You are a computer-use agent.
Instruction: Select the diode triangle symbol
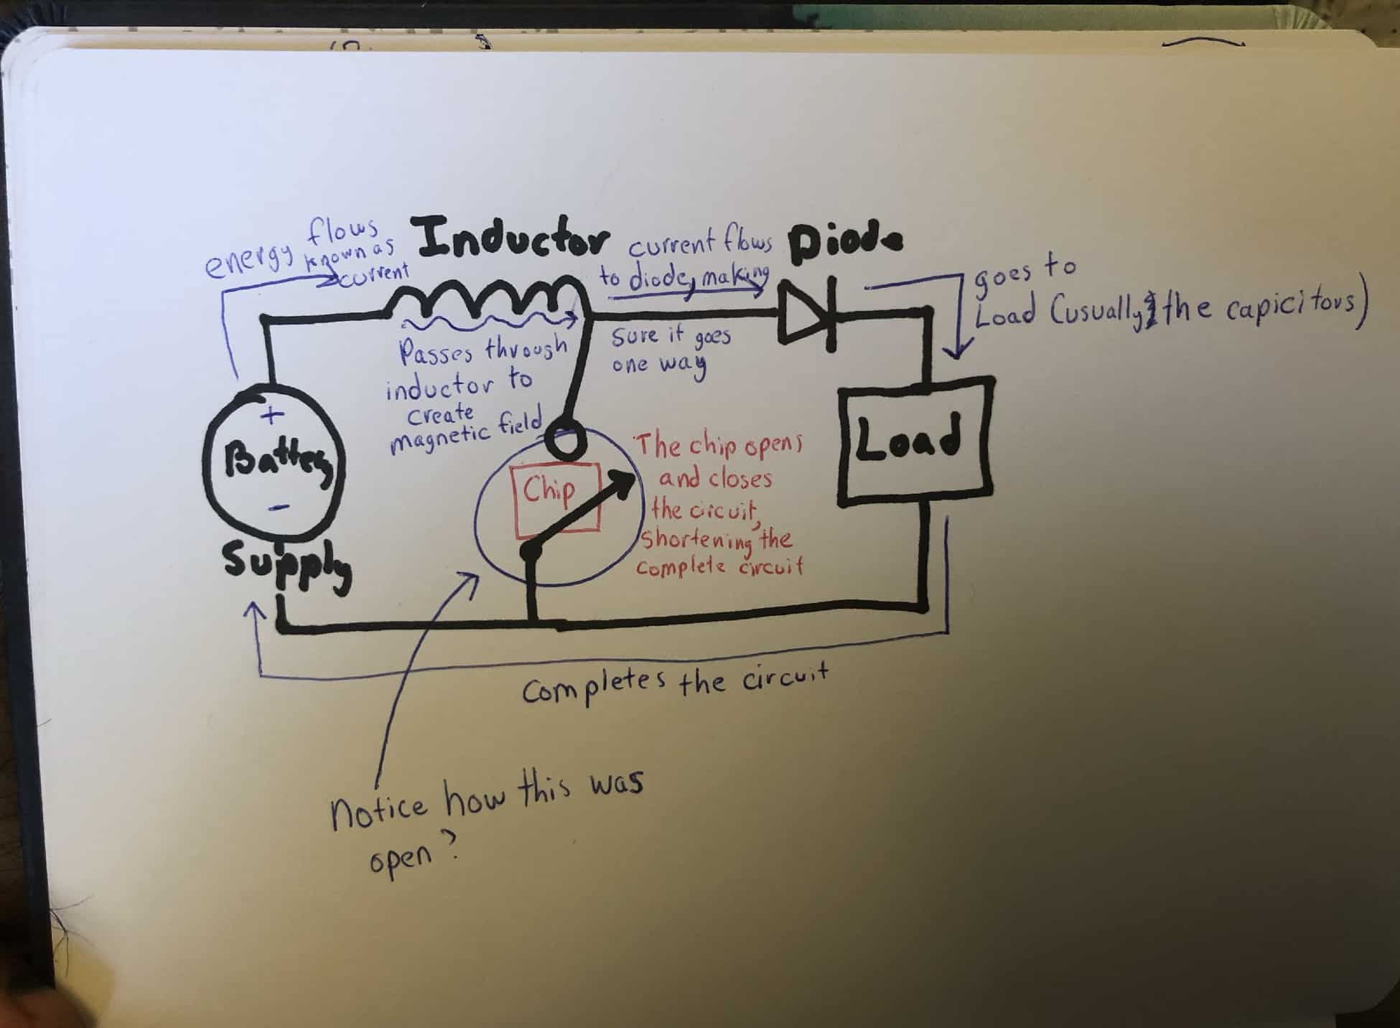(x=806, y=314)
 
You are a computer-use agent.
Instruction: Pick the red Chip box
(x=554, y=497)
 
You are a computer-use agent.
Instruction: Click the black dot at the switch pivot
(x=531, y=551)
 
